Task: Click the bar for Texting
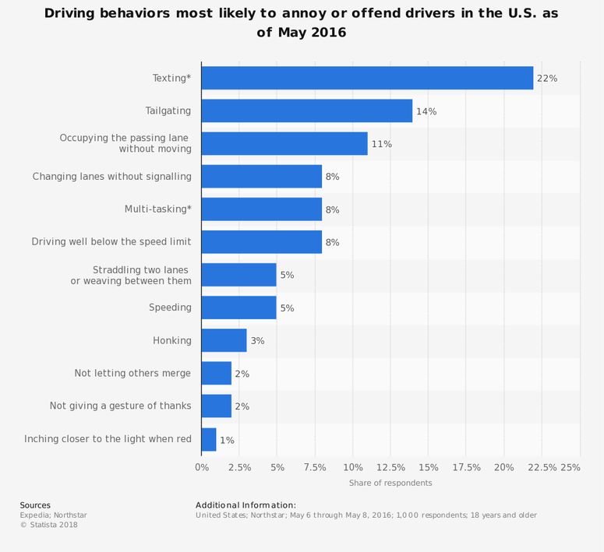367,78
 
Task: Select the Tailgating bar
306,111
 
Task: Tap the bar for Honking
224,340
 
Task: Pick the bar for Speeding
238,308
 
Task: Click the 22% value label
547,79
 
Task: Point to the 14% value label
426,111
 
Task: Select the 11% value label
381,144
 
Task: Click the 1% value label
227,440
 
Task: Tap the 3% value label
257,341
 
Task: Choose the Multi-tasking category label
157,209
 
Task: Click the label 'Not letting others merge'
132,373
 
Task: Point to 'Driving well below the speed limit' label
111,242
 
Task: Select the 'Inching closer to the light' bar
209,439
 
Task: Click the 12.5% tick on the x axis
390,467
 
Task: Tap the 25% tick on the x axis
570,467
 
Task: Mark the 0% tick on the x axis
201,467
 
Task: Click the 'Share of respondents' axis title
390,483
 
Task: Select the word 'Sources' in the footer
35,505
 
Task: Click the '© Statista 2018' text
48,525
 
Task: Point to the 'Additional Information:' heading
245,505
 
